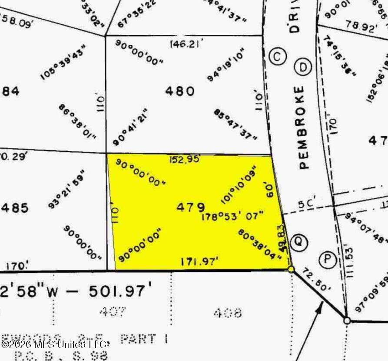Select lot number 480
pyautogui.click(x=180, y=91)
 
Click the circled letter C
pyautogui.click(x=277, y=56)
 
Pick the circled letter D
pyautogui.click(x=303, y=67)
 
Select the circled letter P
pyautogui.click(x=327, y=260)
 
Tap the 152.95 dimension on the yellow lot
pyautogui.click(x=184, y=160)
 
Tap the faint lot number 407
pyautogui.click(x=113, y=311)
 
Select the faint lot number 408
pyautogui.click(x=227, y=312)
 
